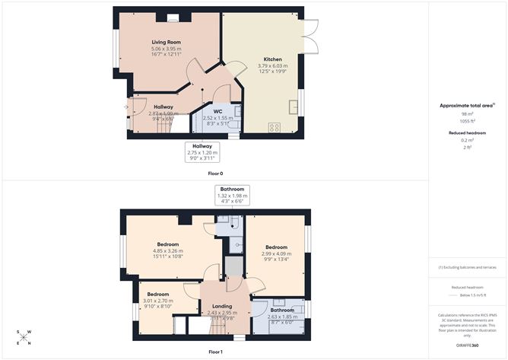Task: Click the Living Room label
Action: click(165, 42)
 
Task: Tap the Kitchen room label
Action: click(272, 59)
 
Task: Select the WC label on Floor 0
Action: click(217, 112)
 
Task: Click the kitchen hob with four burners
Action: click(273, 128)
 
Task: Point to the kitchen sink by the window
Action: click(293, 105)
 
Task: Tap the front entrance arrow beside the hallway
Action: click(126, 107)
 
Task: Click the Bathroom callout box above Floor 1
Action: click(232, 194)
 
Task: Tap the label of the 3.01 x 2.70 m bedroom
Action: click(158, 294)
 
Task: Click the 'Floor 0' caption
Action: click(216, 174)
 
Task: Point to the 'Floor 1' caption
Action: click(216, 352)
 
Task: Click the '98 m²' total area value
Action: click(467, 113)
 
